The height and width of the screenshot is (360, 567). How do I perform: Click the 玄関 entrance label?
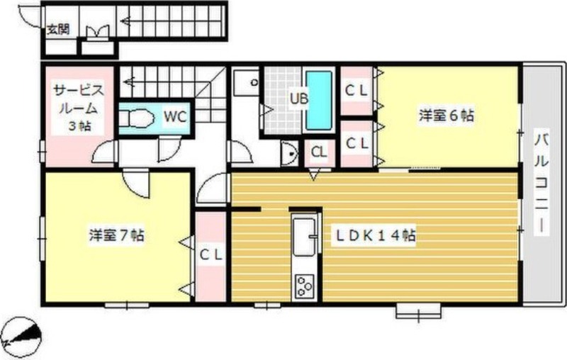(x=58, y=29)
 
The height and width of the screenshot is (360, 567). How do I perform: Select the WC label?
(x=175, y=116)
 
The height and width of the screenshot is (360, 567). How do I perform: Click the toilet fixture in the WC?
(x=136, y=118)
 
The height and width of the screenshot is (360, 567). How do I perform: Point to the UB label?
(x=299, y=99)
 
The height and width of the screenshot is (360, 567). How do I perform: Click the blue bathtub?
(x=319, y=100)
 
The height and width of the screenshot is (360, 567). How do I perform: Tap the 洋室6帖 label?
(x=447, y=116)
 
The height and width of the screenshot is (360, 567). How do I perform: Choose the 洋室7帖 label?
(x=117, y=235)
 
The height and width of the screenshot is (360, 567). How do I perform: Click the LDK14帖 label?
(x=376, y=236)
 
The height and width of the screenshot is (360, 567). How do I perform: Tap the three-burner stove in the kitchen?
(x=305, y=286)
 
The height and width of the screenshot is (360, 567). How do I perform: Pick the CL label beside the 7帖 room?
(x=211, y=256)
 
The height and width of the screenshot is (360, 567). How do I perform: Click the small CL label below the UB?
(x=320, y=152)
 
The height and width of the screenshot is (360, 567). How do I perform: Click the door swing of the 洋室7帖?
(x=136, y=184)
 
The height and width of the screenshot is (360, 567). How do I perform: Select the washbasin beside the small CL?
(x=289, y=153)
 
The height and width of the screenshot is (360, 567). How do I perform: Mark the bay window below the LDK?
(x=418, y=312)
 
